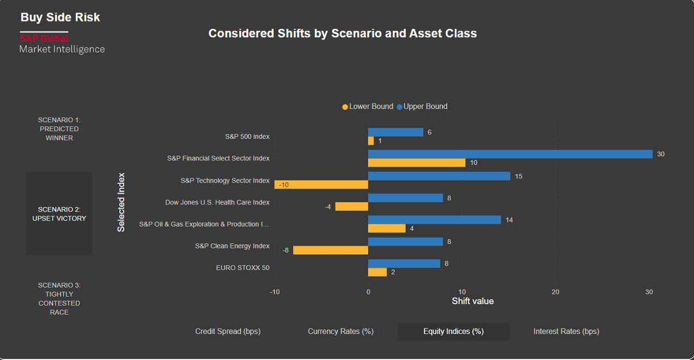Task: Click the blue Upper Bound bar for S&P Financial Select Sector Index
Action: [x=510, y=154]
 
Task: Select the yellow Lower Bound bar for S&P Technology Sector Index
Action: [x=321, y=185]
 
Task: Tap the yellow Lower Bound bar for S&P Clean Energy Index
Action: [x=331, y=250]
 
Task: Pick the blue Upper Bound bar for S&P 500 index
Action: [x=395, y=132]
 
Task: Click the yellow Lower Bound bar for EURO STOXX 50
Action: [x=377, y=272]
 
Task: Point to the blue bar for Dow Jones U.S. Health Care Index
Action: [x=405, y=198]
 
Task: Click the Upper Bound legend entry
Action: [x=422, y=106]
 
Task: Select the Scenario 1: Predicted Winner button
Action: [x=59, y=129]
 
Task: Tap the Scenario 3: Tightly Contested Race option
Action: [x=59, y=299]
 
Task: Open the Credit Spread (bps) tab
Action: [x=228, y=331]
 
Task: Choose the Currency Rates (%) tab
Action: [x=340, y=331]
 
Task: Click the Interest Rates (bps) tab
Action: [x=566, y=331]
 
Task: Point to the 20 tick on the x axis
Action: [x=555, y=292]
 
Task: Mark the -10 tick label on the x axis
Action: [x=275, y=292]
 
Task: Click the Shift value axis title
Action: [x=473, y=301]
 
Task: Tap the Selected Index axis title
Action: [x=121, y=202]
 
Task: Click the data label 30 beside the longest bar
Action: [x=660, y=155]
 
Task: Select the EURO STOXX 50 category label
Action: [x=242, y=268]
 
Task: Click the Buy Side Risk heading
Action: [x=60, y=17]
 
